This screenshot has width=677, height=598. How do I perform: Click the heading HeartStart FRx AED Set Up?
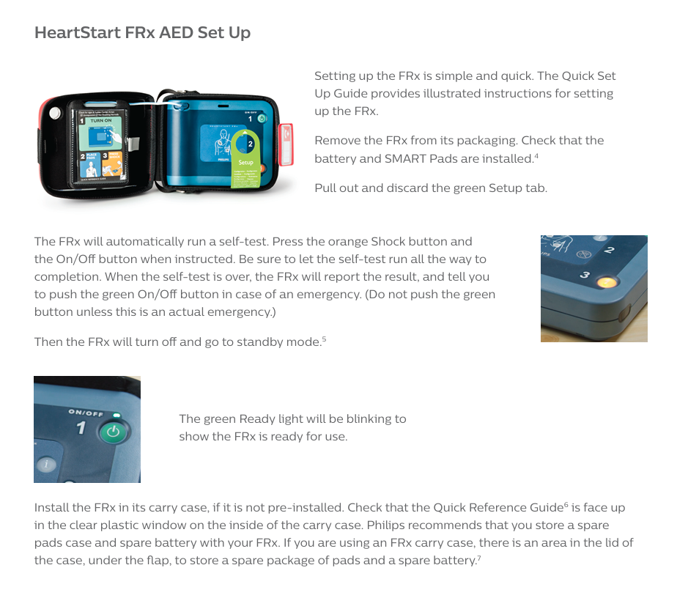pos(142,33)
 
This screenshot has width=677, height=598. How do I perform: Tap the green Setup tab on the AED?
pos(245,159)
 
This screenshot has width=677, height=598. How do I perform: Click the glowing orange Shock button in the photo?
pos(606,283)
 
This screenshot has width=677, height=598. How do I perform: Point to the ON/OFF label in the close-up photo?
pos(86,413)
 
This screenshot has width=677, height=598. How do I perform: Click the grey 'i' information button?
pos(46,465)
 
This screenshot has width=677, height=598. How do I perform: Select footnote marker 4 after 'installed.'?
pos(536,156)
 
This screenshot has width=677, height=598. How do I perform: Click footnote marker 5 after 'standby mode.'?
pos(325,339)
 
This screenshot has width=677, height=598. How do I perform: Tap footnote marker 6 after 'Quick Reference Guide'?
pos(566,505)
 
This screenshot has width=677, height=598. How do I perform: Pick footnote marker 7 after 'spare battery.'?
pos(479,558)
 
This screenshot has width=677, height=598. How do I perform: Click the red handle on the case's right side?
pos(286,144)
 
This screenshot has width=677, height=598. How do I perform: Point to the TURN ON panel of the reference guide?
pos(101,133)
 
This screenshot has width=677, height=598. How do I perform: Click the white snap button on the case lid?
pos(55,113)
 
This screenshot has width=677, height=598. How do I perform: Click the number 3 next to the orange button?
pos(585,275)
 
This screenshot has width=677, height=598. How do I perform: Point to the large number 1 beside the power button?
pos(81,428)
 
